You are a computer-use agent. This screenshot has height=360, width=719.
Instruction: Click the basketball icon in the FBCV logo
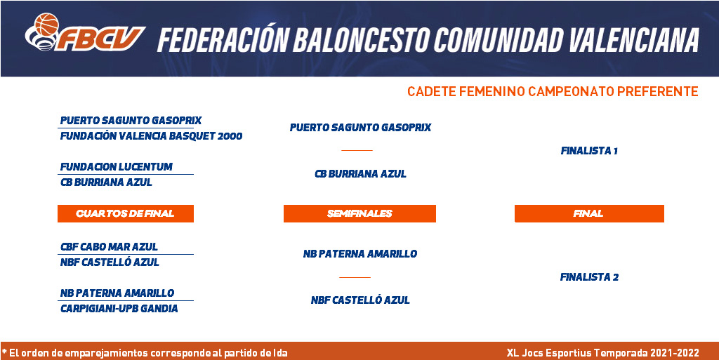(x=46, y=25)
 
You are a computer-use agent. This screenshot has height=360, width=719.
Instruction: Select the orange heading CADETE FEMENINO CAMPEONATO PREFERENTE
(x=553, y=92)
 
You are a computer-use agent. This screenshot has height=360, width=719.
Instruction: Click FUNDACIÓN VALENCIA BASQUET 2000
(x=152, y=136)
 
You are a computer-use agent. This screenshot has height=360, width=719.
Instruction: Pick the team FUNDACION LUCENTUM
(x=117, y=167)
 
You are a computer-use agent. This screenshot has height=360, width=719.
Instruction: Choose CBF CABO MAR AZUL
(x=109, y=247)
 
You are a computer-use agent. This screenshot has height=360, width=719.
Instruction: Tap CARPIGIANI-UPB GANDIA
(x=119, y=309)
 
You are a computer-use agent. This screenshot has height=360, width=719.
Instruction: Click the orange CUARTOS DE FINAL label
(x=126, y=213)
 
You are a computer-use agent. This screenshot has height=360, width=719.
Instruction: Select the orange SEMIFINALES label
(x=359, y=213)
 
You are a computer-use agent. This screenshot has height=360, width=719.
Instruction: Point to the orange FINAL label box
(x=589, y=213)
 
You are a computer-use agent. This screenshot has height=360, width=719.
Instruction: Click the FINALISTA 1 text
(x=589, y=151)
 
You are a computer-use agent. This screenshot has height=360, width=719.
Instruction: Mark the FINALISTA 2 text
(x=589, y=277)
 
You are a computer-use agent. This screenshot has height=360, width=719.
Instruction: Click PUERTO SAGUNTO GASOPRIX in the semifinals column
(x=360, y=127)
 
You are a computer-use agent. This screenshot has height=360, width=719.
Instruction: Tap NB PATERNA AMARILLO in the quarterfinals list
(x=117, y=293)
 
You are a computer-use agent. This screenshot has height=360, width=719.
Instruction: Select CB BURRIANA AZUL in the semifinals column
(x=360, y=174)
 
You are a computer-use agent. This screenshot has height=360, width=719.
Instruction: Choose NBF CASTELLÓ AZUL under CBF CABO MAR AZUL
(x=110, y=262)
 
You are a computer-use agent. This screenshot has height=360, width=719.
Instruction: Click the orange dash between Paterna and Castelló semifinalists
(x=355, y=277)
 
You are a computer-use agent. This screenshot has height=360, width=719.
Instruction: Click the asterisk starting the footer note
(x=4, y=352)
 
